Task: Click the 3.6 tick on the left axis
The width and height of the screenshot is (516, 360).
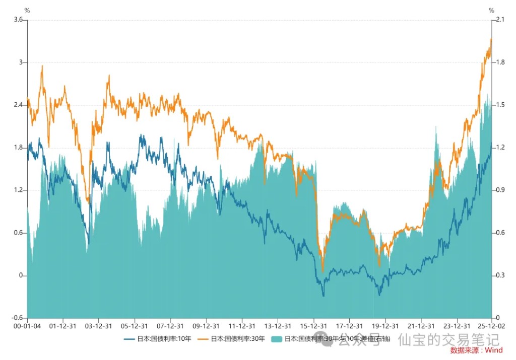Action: (x=18, y=20)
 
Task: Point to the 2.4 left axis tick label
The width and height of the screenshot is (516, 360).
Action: (x=18, y=105)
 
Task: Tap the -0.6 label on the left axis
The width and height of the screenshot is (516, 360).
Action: (x=17, y=318)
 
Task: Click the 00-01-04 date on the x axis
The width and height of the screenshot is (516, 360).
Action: (x=27, y=326)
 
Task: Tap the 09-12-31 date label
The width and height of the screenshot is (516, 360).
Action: (x=206, y=326)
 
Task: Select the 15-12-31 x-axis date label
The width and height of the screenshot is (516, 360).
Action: (x=313, y=326)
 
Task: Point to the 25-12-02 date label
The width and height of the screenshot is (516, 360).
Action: (x=491, y=326)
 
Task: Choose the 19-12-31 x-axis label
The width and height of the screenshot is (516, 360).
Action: (x=385, y=326)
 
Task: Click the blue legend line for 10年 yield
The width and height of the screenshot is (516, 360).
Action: (x=130, y=339)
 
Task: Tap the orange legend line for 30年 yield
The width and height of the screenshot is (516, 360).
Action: (x=203, y=339)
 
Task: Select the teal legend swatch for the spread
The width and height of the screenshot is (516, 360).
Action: (x=276, y=339)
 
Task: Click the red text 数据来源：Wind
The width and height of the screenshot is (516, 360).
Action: (x=476, y=350)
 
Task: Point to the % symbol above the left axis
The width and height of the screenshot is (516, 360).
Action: (x=27, y=10)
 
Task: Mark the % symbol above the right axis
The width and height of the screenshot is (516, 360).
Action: (x=491, y=10)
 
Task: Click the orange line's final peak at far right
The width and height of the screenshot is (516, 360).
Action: (x=491, y=39)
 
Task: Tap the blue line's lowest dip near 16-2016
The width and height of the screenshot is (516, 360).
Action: (x=323, y=296)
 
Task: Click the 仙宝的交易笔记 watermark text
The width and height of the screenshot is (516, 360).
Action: (x=448, y=340)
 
